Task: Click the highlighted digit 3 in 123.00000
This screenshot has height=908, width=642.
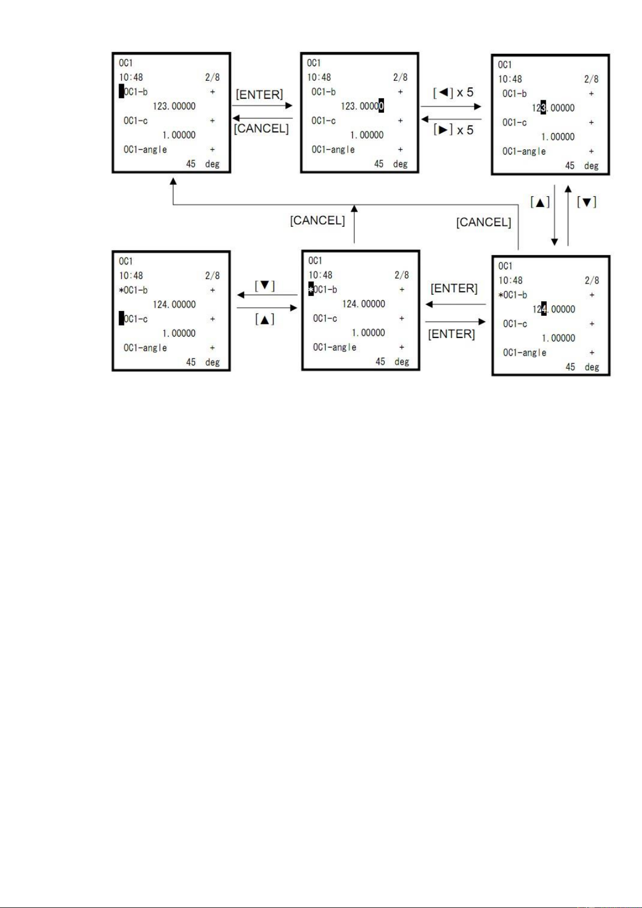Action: point(543,107)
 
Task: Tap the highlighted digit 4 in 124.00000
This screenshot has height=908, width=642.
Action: point(544,309)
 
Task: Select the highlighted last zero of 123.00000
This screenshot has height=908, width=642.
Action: point(381,106)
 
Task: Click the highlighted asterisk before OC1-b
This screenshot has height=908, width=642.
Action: point(311,289)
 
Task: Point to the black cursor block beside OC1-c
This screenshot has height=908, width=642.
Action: point(122,318)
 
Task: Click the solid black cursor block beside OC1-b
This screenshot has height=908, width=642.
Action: point(122,91)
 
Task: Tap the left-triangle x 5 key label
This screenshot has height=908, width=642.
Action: point(453,93)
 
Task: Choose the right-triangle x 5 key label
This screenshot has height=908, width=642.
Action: point(453,130)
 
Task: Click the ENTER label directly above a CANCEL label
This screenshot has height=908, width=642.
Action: point(259,94)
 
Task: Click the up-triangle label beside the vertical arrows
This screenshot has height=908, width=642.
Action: point(540,202)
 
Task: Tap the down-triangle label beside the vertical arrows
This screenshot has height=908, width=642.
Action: point(587,202)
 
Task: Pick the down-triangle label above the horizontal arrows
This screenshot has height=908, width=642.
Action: point(264,286)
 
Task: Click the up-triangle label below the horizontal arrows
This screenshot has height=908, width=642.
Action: point(264,320)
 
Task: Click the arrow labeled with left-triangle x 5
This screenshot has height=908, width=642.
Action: point(451,107)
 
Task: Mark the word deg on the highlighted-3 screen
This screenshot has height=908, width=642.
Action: point(591,165)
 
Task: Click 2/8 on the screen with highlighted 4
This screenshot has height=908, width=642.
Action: point(592,280)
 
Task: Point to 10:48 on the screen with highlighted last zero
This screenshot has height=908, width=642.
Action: point(319,77)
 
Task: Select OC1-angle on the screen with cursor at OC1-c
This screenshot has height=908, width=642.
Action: point(145,348)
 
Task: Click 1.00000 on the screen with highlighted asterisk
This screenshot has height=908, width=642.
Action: point(368,333)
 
